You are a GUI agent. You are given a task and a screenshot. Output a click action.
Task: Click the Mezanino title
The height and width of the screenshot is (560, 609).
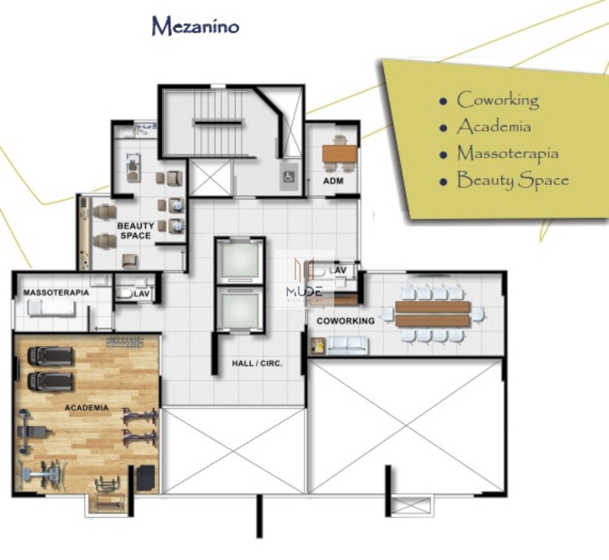pyautogui.click(x=195, y=27)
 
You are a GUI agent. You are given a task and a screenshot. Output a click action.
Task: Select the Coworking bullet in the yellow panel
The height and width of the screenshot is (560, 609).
pyautogui.click(x=497, y=100)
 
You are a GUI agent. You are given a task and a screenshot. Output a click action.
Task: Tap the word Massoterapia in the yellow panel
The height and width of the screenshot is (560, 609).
pyautogui.click(x=507, y=154)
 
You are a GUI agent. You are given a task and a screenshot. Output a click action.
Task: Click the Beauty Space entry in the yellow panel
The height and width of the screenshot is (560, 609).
pyautogui.click(x=512, y=180)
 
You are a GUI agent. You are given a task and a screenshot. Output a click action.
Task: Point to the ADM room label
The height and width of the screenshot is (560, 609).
pyautogui.click(x=333, y=180)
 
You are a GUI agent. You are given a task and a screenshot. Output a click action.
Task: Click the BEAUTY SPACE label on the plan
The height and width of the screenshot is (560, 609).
pyautogui.click(x=135, y=231)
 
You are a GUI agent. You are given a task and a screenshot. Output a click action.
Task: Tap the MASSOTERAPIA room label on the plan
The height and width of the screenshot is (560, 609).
pyautogui.click(x=56, y=293)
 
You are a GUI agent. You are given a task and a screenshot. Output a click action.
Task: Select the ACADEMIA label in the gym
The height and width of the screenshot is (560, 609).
pyautogui.click(x=87, y=408)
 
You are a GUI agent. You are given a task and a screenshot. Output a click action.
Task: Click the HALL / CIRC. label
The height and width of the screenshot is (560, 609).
pyautogui.click(x=257, y=362)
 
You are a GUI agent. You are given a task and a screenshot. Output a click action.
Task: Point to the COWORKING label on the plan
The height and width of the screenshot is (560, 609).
pyautogui.click(x=346, y=321)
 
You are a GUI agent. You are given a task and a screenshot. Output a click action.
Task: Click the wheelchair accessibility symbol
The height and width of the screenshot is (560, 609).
pyautogui.click(x=288, y=176)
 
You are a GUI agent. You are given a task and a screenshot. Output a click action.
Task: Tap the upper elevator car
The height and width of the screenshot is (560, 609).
pyautogui.click(x=240, y=260)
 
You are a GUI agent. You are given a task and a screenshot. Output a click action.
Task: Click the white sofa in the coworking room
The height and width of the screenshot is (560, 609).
pyautogui.click(x=347, y=345)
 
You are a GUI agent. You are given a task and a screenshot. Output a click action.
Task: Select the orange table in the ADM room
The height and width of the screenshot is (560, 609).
pyautogui.click(x=340, y=154)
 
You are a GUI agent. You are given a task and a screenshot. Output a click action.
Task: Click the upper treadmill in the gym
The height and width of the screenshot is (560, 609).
pyautogui.click(x=51, y=356)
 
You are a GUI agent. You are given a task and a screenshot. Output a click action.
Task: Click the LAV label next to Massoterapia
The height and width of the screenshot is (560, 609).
pyautogui.click(x=141, y=293)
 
